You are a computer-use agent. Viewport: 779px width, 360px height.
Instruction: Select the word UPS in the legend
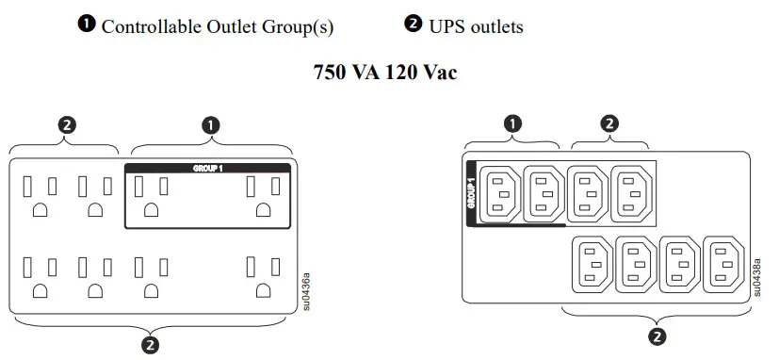click(449, 26)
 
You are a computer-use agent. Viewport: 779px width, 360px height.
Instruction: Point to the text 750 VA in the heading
click(343, 72)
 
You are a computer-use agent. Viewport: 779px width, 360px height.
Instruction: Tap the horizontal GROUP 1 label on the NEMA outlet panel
click(206, 168)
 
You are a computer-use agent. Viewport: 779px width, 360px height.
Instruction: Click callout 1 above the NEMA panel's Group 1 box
click(211, 123)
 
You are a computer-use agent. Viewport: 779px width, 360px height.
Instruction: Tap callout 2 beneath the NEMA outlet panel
click(149, 345)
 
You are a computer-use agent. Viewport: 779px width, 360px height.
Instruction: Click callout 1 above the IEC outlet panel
click(512, 123)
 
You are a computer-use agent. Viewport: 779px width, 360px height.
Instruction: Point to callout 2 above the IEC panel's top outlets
click(609, 123)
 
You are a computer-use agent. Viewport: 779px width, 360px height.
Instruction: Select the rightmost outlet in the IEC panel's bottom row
click(722, 265)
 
